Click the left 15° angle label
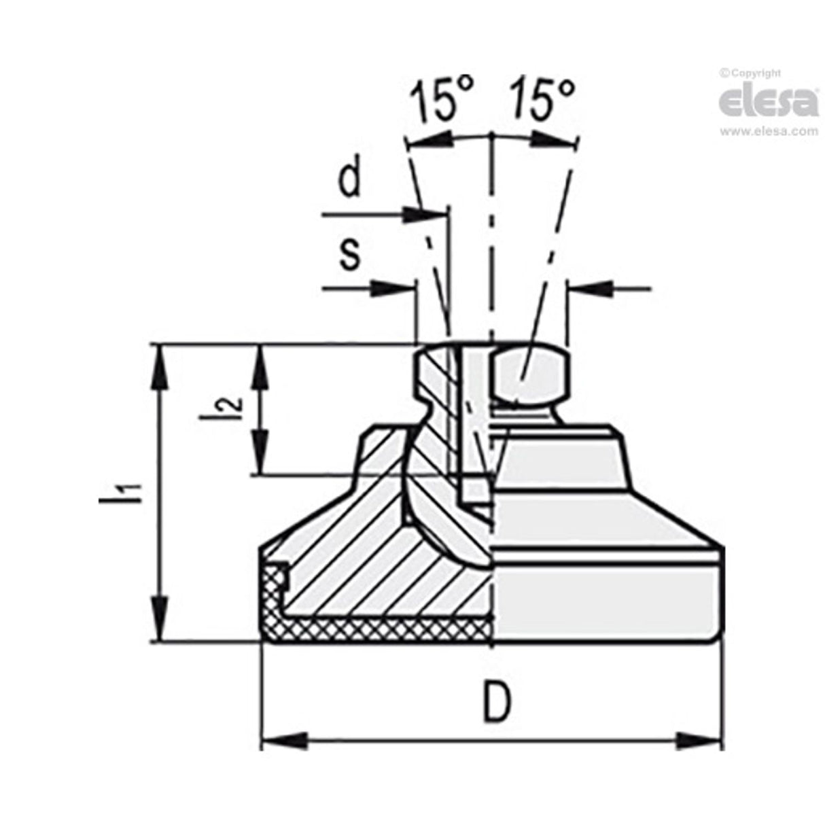point(441,101)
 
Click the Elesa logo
point(768,102)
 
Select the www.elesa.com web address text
point(769,133)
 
